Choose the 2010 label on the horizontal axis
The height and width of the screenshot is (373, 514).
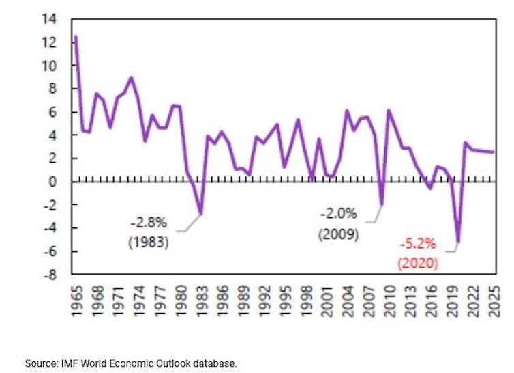coord(389,301)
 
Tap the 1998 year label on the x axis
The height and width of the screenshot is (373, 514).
coord(305,301)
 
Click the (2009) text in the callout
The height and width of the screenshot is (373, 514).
coord(339,234)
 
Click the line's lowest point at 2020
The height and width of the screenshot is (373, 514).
coord(458,242)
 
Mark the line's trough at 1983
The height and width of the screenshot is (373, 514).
coord(200,214)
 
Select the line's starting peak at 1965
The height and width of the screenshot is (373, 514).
coord(75,36)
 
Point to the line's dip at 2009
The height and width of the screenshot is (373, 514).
coord(382,205)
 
